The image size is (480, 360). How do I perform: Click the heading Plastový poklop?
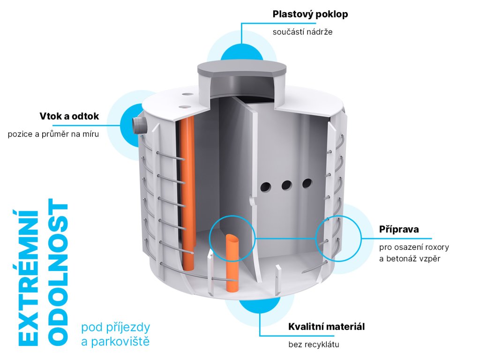310,15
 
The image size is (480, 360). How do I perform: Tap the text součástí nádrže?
303,32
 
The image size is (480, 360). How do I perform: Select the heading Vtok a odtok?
69,116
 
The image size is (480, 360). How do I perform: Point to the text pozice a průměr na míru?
53,134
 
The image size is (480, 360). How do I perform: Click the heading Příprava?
398,230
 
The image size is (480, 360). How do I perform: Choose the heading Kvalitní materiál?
326,327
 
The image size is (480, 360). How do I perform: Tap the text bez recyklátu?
313,345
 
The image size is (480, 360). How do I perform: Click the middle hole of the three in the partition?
286,185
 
